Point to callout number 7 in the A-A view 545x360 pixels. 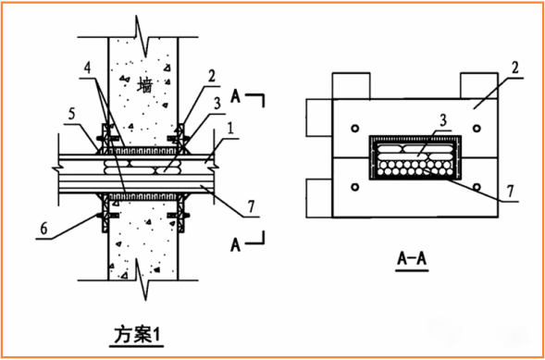510,195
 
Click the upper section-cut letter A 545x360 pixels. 237,95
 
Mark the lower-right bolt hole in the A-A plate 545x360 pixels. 475,188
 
